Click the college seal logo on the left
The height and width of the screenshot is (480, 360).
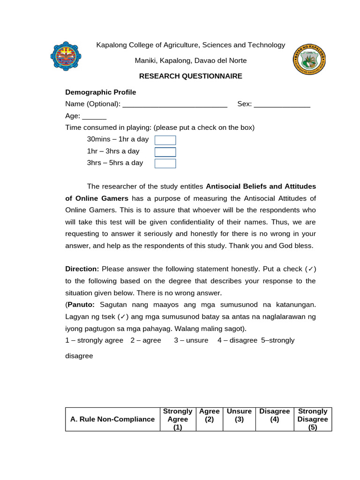point(65,58)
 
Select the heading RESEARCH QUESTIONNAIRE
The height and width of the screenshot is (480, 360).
point(190,76)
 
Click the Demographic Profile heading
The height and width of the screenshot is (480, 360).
point(100,92)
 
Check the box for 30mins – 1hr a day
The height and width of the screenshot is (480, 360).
point(165,140)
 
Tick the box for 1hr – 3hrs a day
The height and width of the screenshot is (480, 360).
point(165,152)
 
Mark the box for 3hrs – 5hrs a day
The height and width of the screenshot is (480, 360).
point(165,163)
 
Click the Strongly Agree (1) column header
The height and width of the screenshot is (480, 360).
point(177,419)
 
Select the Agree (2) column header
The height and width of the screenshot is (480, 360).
point(209,415)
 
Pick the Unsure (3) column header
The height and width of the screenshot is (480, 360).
point(239,415)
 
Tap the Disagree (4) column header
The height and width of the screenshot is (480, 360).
point(275,415)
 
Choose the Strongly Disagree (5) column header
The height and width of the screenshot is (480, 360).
point(313,419)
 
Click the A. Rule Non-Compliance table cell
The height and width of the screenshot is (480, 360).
point(112,419)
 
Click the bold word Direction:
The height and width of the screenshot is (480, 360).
point(82,269)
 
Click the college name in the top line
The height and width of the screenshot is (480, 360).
point(190,45)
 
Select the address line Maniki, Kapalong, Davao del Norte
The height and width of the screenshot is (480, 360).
point(190,60)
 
